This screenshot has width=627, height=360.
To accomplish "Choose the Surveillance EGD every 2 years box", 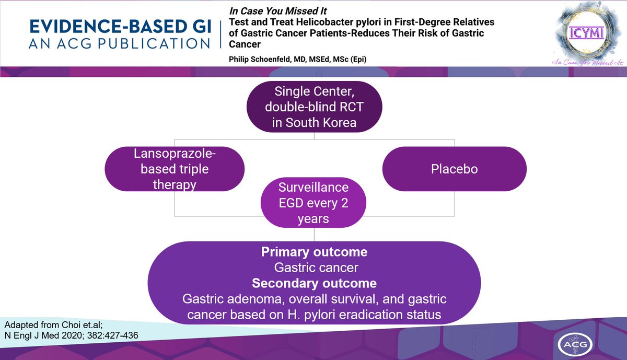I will click(313, 203).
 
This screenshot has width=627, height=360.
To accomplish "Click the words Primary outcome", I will click(314, 252).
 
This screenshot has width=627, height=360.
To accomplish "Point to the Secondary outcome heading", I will click(314, 283).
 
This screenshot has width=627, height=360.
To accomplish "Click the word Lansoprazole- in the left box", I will click(173, 155).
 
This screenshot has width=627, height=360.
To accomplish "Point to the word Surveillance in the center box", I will click(313, 188).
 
